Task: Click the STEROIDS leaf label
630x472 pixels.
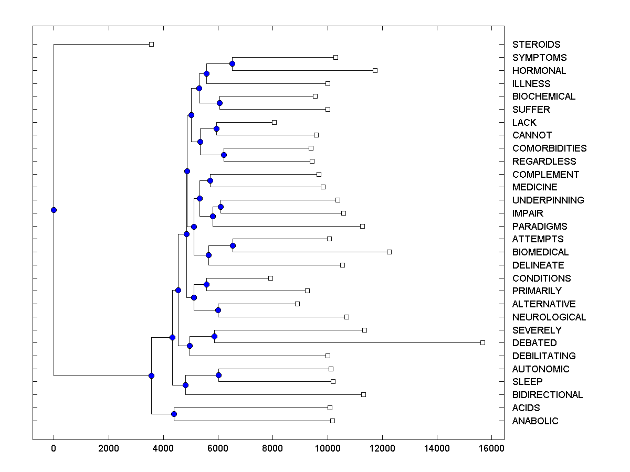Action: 536,45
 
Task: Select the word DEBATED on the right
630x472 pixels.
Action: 534,343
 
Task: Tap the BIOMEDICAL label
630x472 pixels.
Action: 540,252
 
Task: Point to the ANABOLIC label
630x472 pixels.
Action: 535,421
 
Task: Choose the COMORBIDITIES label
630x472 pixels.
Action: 549,148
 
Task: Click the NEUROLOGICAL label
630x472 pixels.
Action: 549,317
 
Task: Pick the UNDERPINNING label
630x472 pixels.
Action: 548,200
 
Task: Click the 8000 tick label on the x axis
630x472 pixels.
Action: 272,447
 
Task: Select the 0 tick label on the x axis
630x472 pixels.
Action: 54,447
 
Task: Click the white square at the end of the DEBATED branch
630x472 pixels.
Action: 482,342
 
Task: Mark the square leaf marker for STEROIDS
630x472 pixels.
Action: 151,44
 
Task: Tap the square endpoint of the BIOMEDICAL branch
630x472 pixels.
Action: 389,252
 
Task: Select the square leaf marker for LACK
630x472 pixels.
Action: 274,122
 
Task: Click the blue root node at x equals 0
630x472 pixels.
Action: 54,210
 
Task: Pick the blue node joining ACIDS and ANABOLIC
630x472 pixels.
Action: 174,414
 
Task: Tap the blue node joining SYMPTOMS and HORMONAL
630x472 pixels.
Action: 232,63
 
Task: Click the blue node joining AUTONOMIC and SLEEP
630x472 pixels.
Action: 218,375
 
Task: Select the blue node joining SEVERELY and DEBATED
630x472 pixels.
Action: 214,336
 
